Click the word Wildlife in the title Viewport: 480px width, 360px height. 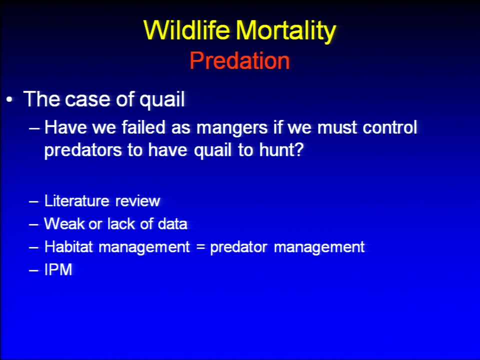[x=186, y=30]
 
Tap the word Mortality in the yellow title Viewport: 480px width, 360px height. [x=286, y=31]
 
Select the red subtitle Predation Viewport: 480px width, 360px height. [x=239, y=60]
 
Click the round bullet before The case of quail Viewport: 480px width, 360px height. [x=9, y=100]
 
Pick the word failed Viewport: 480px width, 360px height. [x=143, y=126]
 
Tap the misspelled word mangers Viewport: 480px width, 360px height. [x=232, y=128]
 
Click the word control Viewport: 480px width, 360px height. [x=389, y=126]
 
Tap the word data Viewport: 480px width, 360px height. [x=172, y=223]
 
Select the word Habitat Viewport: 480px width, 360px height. [x=68, y=246]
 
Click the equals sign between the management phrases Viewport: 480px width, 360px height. [x=200, y=246]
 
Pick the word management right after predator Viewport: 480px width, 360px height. [x=319, y=247]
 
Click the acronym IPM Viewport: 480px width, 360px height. [x=58, y=269]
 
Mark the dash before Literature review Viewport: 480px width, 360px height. [x=33, y=201]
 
